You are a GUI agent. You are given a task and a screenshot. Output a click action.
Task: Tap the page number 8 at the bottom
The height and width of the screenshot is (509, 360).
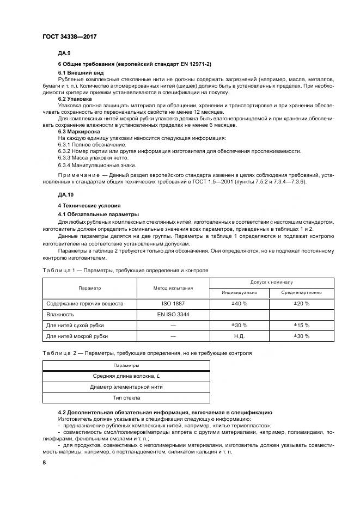(44, 462)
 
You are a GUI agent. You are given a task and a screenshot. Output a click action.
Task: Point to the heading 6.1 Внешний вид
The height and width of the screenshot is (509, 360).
(81, 72)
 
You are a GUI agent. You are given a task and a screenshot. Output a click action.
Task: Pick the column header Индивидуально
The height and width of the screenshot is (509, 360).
(240, 292)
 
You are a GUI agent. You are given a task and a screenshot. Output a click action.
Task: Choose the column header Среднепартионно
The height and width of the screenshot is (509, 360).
(301, 292)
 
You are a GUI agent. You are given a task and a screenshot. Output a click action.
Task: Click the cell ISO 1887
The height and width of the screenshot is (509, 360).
(173, 303)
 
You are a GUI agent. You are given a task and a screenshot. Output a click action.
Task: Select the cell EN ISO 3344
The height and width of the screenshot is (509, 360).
(173, 314)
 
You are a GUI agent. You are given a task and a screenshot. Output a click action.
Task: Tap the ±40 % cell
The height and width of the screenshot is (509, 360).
(240, 303)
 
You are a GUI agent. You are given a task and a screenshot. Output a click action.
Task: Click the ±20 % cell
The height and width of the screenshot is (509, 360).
(301, 303)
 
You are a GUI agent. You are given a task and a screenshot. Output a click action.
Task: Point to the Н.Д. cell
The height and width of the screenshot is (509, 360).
(240, 336)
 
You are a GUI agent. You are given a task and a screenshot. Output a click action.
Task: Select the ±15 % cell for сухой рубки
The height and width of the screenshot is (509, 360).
(301, 325)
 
